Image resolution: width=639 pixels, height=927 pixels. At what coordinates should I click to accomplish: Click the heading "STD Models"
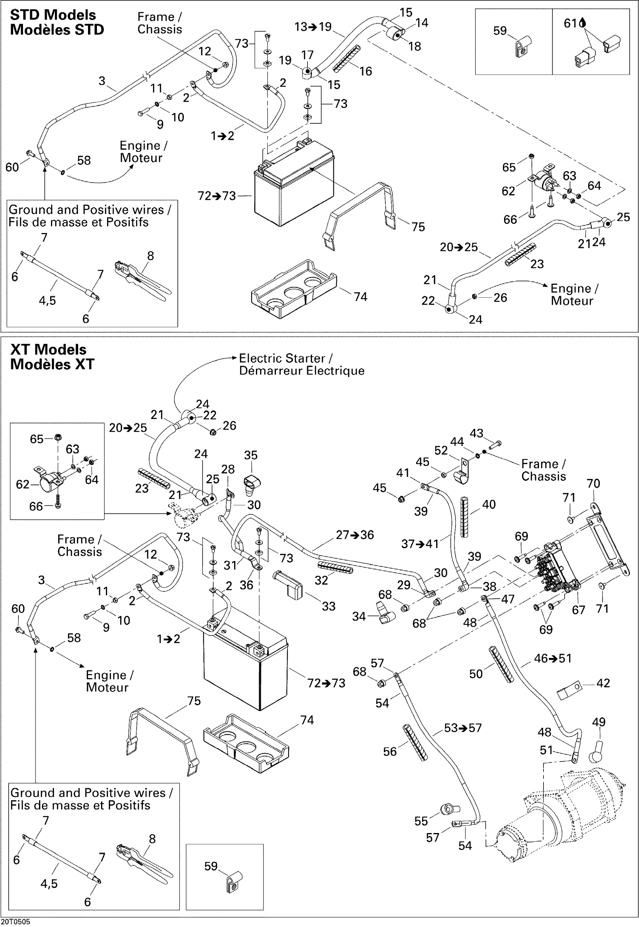pyautogui.click(x=53, y=15)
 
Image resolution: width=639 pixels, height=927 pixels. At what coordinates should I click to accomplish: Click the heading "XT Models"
pyautogui.click(x=48, y=349)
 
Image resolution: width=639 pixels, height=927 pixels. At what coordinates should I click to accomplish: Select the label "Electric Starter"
pyautogui.click(x=282, y=358)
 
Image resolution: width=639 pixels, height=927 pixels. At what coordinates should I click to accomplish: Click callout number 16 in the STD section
pyautogui.click(x=365, y=71)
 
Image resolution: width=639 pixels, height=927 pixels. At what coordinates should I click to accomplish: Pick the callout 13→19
pyautogui.click(x=313, y=27)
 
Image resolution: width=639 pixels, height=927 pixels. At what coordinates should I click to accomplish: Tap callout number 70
pyautogui.click(x=593, y=484)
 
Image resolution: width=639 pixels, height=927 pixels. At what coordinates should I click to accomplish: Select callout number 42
pyautogui.click(x=603, y=683)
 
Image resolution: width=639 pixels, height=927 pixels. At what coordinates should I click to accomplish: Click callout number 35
pyautogui.click(x=251, y=455)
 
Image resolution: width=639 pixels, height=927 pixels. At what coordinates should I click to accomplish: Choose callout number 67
pyautogui.click(x=578, y=610)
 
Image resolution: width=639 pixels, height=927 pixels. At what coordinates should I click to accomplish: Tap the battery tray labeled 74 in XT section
pyautogui.click(x=246, y=744)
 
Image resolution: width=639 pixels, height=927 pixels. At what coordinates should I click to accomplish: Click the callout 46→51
pyautogui.click(x=553, y=658)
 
